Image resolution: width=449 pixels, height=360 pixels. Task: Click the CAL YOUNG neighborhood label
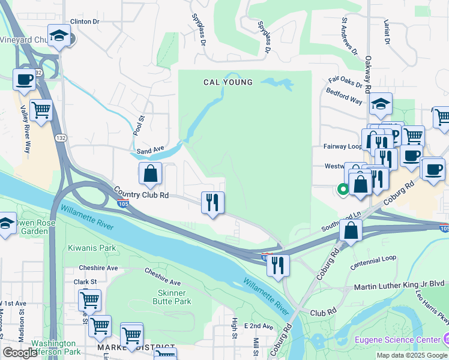228,82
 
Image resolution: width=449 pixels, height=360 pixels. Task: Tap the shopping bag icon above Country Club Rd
150,174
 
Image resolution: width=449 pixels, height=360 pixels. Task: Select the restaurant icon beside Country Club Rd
212,203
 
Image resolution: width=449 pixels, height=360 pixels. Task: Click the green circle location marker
343,190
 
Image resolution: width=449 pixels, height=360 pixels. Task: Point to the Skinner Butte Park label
175,296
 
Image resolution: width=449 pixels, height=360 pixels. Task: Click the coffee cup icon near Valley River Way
25,80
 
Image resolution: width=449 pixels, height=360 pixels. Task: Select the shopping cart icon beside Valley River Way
41,111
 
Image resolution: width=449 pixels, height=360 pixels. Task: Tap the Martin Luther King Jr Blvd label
399,283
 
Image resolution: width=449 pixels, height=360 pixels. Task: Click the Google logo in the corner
19,353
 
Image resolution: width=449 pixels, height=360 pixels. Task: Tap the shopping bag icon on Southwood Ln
351,230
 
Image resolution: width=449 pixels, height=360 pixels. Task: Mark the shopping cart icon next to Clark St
89,300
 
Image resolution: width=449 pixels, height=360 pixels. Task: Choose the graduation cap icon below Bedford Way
381,105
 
